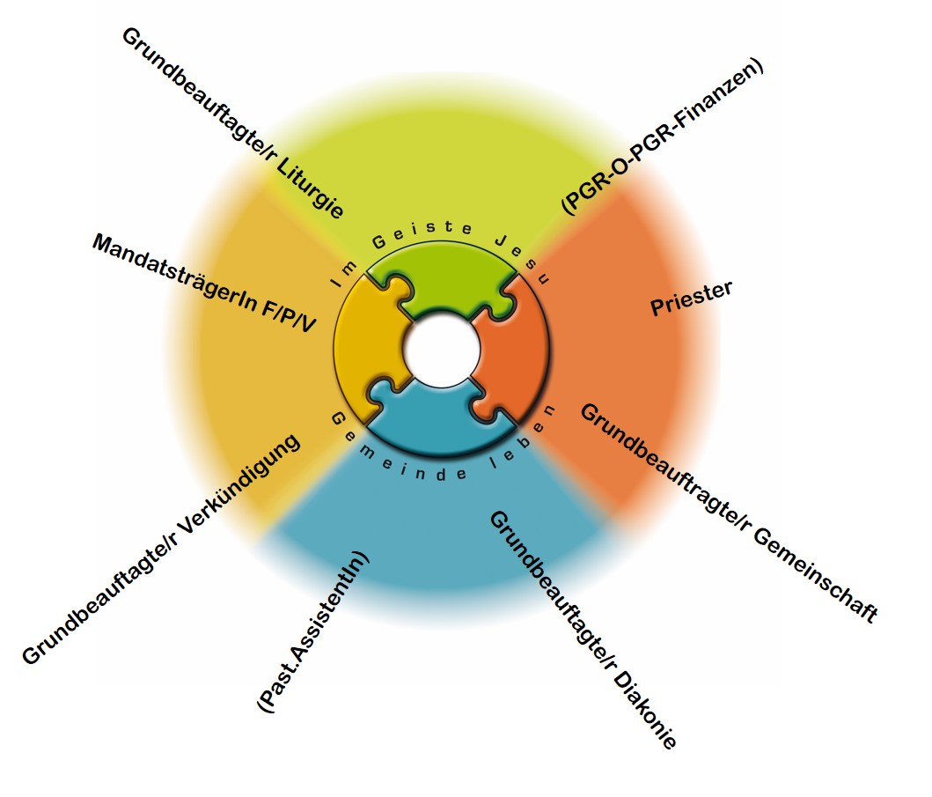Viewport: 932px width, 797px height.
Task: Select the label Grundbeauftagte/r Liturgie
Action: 232,123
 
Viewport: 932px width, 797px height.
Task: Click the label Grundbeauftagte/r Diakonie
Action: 582,629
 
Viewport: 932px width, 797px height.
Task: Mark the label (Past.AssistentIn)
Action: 313,632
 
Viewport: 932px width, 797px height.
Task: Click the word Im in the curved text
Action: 341,272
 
